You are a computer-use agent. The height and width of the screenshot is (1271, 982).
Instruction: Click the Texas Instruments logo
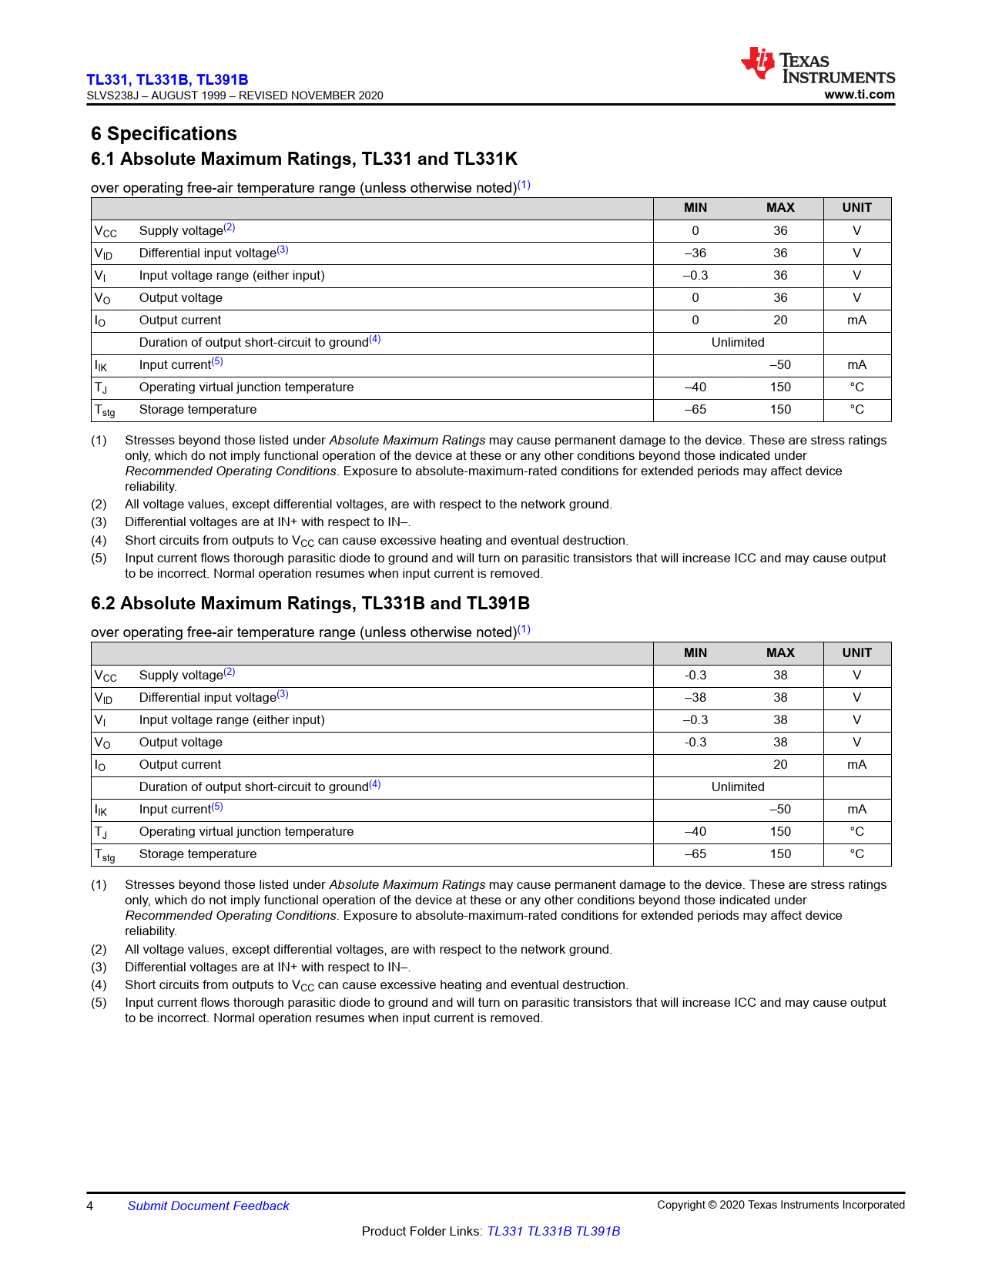point(817,66)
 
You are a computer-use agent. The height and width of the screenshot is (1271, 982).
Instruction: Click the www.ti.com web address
point(860,95)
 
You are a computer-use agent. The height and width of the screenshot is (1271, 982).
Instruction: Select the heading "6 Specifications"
point(164,134)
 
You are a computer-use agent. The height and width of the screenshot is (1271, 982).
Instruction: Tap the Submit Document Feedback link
point(208,1206)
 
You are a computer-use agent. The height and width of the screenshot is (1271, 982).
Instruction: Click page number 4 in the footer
point(90,1206)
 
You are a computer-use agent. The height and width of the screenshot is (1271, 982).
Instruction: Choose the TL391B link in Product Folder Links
point(598,1232)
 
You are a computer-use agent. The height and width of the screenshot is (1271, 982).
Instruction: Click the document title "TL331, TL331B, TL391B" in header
point(167,79)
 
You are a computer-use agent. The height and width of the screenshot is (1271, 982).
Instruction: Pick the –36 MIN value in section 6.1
point(695,253)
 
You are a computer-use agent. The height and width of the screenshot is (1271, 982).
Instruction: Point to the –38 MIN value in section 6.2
point(695,698)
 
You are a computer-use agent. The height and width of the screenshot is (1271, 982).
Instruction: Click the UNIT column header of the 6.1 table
point(856,208)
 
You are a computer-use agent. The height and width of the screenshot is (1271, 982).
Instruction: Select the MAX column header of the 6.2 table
point(780,653)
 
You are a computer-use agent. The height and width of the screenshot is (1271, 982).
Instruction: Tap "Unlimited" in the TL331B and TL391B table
point(738,787)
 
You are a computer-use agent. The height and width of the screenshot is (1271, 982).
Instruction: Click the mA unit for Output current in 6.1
point(856,320)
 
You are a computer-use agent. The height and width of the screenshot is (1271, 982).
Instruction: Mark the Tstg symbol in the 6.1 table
point(105,411)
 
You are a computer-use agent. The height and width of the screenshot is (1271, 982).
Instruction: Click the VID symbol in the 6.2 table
point(103,699)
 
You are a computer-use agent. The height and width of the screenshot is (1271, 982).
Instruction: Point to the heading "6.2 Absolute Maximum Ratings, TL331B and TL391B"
point(310,604)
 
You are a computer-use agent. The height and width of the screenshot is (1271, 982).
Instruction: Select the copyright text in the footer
point(780,1206)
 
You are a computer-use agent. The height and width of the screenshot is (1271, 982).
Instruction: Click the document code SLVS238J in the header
point(112,96)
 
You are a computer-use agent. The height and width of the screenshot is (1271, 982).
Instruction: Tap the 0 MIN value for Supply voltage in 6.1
point(695,231)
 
